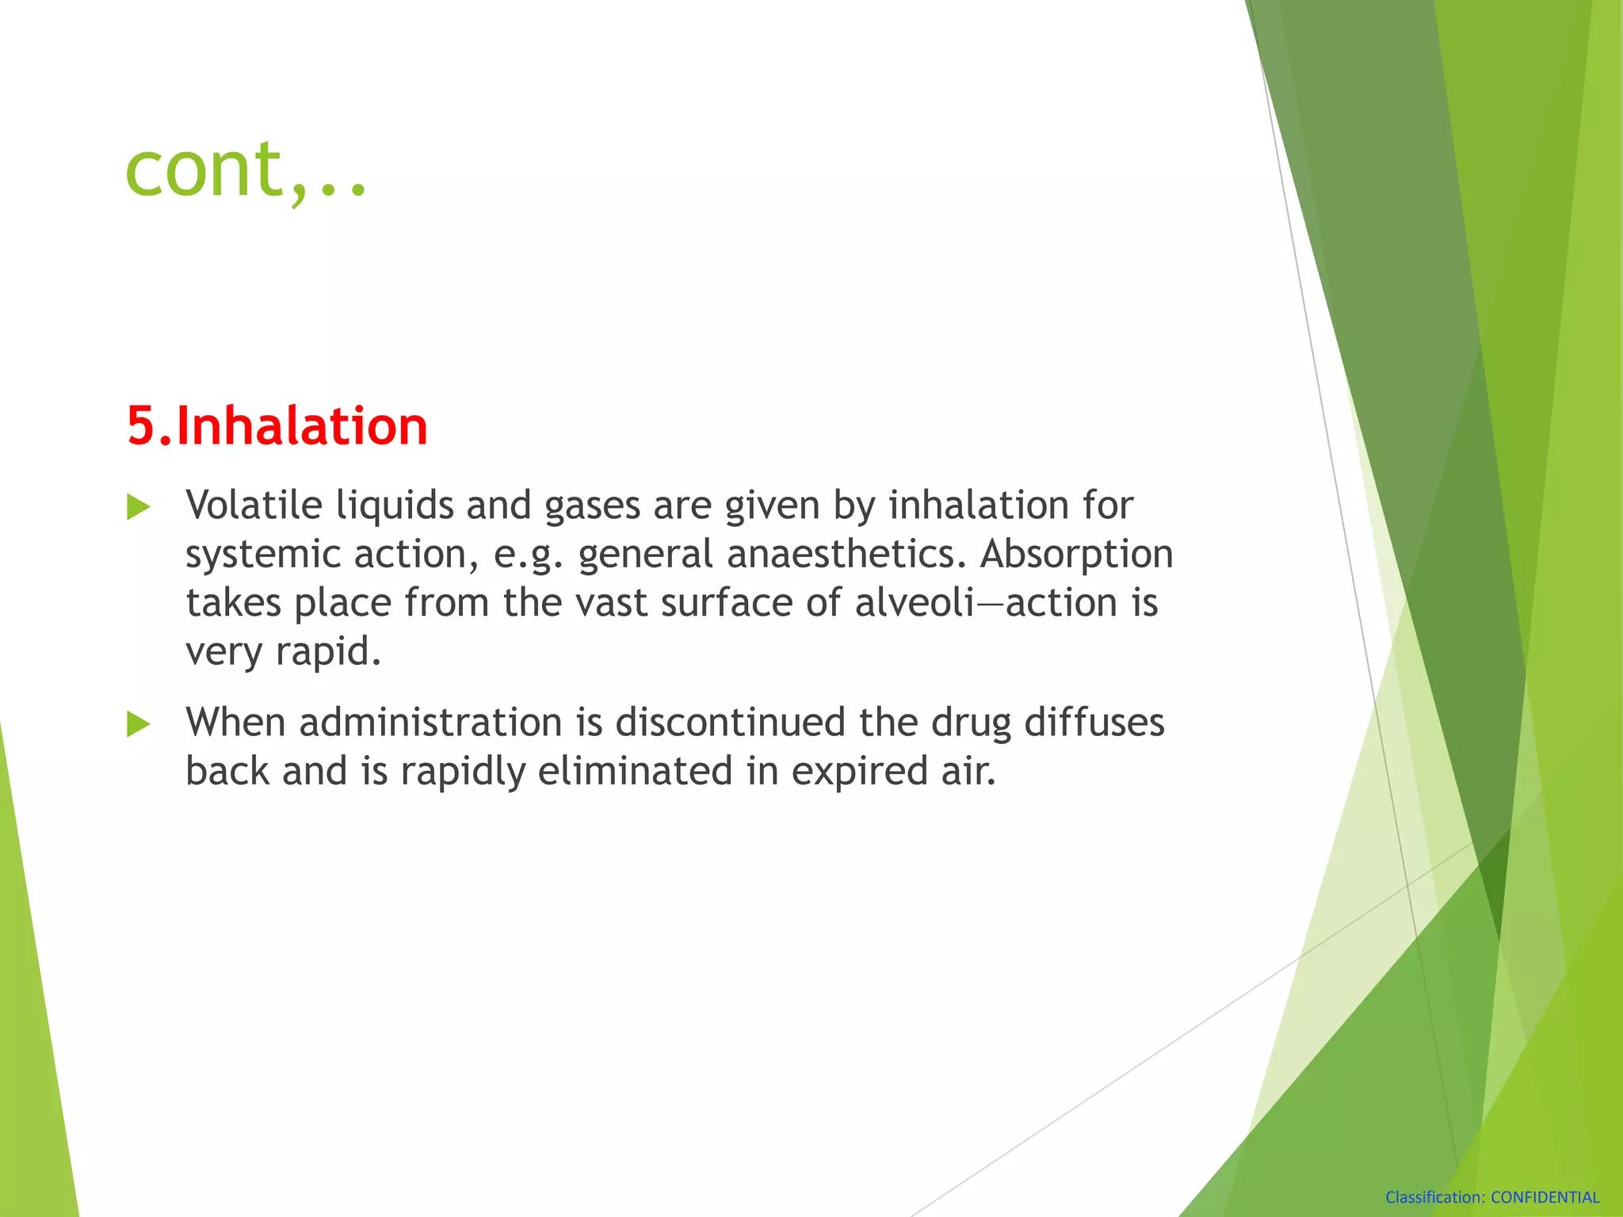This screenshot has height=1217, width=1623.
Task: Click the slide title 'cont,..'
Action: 246,169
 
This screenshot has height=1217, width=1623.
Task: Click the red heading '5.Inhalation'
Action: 277,426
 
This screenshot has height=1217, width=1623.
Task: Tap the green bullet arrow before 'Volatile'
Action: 139,507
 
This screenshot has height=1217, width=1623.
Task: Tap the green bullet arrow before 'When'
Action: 139,724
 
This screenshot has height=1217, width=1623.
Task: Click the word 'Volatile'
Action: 254,505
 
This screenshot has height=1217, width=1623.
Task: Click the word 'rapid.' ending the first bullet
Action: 328,652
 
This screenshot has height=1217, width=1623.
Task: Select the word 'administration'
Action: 430,723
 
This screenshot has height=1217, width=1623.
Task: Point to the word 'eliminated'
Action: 635,772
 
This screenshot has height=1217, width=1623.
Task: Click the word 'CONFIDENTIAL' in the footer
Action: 1545,1198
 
